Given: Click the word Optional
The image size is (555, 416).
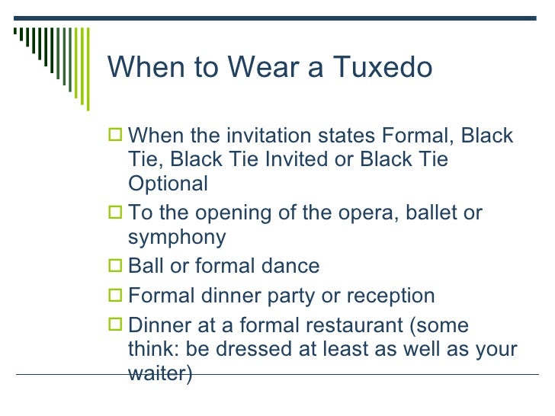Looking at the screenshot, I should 168,184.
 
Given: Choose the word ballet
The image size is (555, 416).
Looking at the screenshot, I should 417,213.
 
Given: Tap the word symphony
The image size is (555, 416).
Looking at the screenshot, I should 177,238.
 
